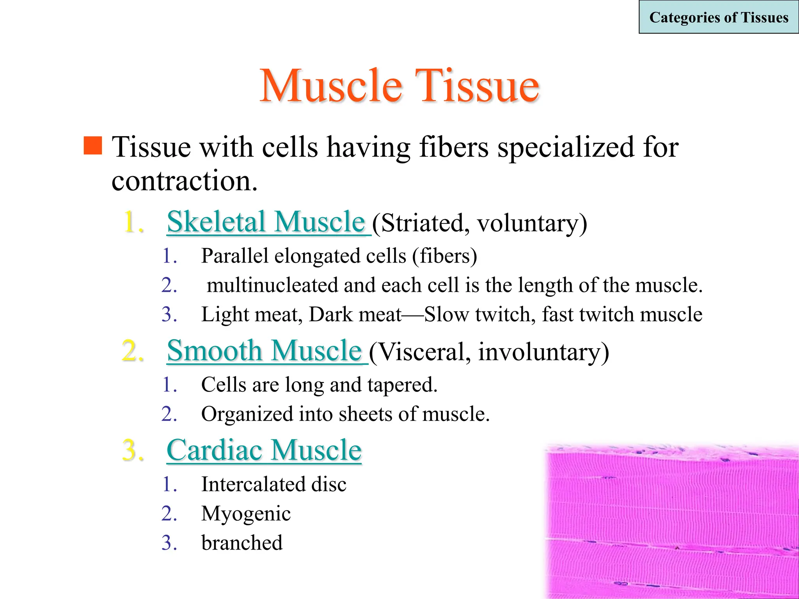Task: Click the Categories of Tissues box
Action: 719,18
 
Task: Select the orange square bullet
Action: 93,145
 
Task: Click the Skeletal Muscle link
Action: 266,222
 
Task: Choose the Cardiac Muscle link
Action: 264,450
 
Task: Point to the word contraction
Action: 184,181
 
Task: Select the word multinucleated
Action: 272,285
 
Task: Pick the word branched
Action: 242,543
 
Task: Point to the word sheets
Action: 366,414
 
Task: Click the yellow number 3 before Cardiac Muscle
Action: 133,450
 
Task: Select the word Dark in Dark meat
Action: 330,314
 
